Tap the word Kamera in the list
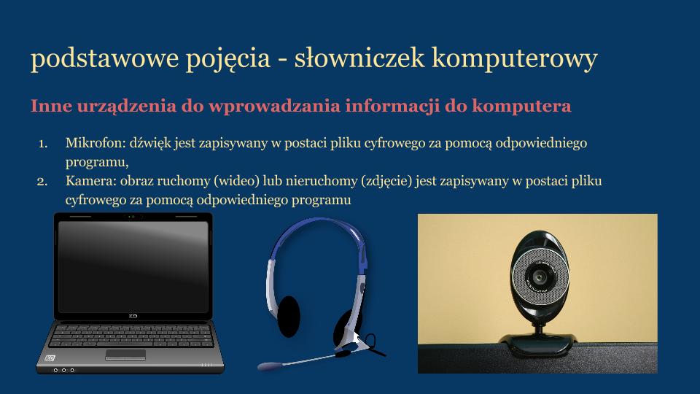click(x=84, y=180)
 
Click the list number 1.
click(x=42, y=143)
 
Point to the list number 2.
click(x=42, y=180)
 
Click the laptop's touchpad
click(x=125, y=355)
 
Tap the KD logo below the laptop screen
click(x=133, y=316)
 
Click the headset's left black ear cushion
click(x=289, y=315)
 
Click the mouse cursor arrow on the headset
click(x=357, y=338)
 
